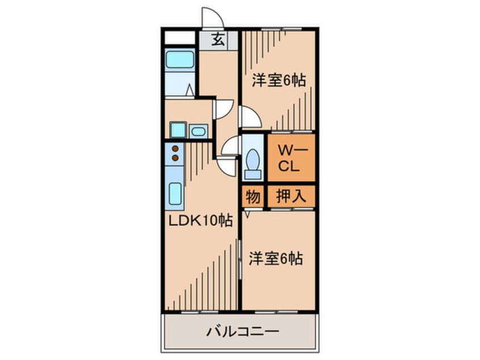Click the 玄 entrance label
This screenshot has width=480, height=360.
[x=217, y=40]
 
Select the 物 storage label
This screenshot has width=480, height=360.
[x=253, y=197]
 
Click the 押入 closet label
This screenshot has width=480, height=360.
[x=291, y=196]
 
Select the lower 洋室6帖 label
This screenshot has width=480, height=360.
[x=275, y=259]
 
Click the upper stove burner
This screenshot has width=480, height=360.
[x=175, y=149]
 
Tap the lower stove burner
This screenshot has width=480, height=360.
[x=175, y=157]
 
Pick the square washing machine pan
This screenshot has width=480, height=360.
[x=178, y=130]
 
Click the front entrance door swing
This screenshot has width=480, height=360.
[x=212, y=18]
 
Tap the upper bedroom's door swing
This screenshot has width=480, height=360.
[x=250, y=118]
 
